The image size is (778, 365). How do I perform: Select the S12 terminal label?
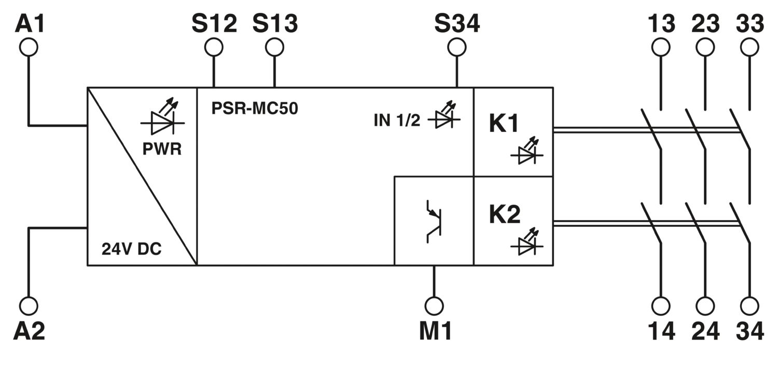point(214,24)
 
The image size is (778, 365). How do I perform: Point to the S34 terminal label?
point(457,24)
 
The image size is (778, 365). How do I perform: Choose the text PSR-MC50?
point(255,108)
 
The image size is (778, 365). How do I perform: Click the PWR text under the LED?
point(162,149)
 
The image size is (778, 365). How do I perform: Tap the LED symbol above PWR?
point(162,116)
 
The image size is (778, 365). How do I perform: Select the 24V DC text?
point(132,249)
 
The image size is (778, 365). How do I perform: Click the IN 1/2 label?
point(397,120)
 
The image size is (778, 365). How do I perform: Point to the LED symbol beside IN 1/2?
point(444,115)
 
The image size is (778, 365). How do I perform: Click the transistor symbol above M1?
point(434,221)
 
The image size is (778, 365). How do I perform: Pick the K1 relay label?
point(504,124)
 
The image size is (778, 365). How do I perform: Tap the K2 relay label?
point(505,214)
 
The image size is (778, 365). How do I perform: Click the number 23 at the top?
point(705,24)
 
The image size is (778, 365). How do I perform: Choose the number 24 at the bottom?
point(705,331)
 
